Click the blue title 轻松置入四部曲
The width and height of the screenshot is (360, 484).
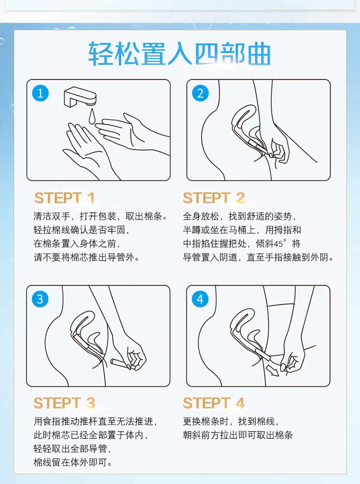coord(180,54)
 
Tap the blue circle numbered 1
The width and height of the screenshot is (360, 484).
coord(40,93)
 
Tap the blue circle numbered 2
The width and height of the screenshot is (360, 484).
coord(200,93)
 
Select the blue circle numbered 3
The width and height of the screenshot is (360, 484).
coord(40,299)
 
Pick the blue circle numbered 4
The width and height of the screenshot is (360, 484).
coord(200,299)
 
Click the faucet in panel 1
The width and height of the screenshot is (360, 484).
coord(80,98)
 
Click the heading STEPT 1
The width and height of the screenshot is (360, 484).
coord(64,198)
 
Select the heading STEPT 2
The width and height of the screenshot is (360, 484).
coord(214,198)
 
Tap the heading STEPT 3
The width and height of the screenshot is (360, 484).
coord(64,403)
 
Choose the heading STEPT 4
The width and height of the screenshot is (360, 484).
coord(214,403)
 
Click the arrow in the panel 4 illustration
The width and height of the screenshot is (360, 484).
coord(273,370)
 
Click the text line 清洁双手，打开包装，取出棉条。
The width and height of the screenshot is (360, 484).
coord(101,216)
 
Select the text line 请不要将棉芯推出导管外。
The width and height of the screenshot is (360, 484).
coord(87,257)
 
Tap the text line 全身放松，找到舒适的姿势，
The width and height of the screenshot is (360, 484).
coord(240,216)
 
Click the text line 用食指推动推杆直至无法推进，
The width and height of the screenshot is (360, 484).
coord(96,422)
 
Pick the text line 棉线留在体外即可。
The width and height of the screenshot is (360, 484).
coord(73,462)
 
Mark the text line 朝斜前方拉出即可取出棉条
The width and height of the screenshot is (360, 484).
coord(238,435)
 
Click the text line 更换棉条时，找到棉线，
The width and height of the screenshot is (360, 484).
coord(231,422)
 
